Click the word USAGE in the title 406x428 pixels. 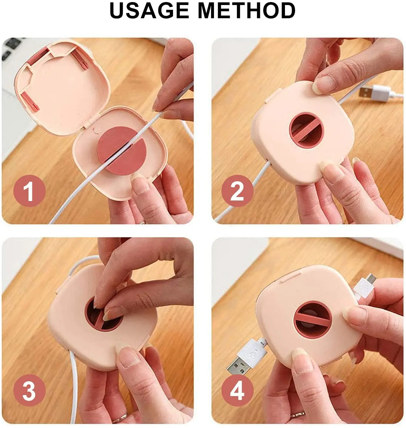pos(149,11)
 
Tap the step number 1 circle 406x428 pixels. pos(29,191)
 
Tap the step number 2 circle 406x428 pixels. pos(238,191)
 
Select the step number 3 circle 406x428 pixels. pos(29,390)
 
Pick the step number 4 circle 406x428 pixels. pos(238,390)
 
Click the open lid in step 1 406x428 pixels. pos(62,87)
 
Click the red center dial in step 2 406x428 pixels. pos(306,130)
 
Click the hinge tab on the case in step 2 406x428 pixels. pos(272,95)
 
